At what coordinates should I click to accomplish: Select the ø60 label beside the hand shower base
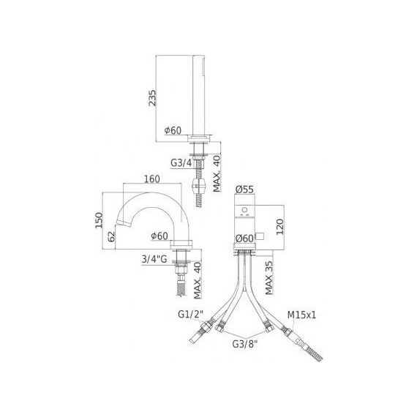click(173, 130)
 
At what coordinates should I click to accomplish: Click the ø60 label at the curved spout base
click(159, 236)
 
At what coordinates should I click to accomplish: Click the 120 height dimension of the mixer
click(278, 224)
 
